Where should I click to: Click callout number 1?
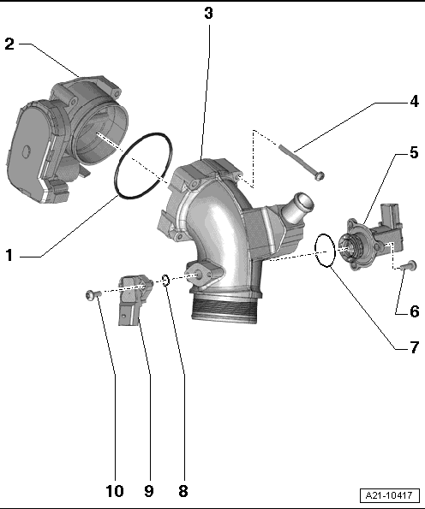[9, 255]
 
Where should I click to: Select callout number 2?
[9, 44]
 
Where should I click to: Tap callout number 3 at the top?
[208, 13]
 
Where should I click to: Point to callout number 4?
[414, 101]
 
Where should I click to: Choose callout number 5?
[414, 152]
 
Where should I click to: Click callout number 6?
[414, 311]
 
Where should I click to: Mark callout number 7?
[414, 347]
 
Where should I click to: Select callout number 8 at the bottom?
[183, 491]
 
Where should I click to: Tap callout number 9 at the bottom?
[148, 491]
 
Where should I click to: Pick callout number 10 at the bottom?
[115, 491]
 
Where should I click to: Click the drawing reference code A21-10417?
[389, 495]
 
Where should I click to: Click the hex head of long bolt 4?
[320, 176]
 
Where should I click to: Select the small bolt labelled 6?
[409, 265]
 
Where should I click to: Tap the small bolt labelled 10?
[93, 295]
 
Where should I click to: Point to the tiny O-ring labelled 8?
[165, 280]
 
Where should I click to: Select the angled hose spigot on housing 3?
[297, 208]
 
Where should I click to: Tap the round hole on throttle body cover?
[26, 151]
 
